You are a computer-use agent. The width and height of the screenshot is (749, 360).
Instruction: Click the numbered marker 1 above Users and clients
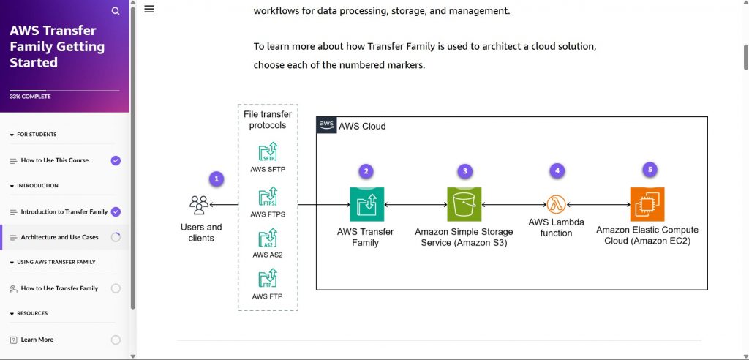pyautogui.click(x=215, y=179)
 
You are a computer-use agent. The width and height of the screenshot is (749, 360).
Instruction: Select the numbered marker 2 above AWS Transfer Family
pyautogui.click(x=366, y=171)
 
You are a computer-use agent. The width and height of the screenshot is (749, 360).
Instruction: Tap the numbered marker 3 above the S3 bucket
pyautogui.click(x=464, y=171)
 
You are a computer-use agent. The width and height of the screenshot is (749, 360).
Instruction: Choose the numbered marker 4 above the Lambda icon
pyautogui.click(x=558, y=170)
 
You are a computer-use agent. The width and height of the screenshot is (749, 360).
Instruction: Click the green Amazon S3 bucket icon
pyautogui.click(x=464, y=205)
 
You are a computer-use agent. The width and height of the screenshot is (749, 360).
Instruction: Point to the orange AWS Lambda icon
pyautogui.click(x=557, y=205)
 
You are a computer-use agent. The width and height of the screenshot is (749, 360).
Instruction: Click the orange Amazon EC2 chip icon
pyautogui.click(x=647, y=205)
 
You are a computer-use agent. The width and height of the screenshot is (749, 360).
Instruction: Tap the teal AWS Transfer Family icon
pyautogui.click(x=366, y=205)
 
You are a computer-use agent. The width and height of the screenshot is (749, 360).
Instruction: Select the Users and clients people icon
pyautogui.click(x=198, y=204)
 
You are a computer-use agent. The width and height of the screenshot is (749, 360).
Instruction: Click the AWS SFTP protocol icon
pyautogui.click(x=268, y=153)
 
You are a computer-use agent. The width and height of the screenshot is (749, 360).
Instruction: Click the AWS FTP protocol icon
pyautogui.click(x=268, y=279)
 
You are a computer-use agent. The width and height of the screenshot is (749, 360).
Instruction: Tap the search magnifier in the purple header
pyautogui.click(x=116, y=11)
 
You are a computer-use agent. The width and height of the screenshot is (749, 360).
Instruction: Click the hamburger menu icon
pyautogui.click(x=149, y=9)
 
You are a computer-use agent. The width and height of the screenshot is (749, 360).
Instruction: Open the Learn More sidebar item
pyautogui.click(x=37, y=340)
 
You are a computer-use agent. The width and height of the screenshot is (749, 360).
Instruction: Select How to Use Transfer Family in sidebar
pyautogui.click(x=59, y=288)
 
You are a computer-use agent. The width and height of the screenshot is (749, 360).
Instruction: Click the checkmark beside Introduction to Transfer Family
pyautogui.click(x=116, y=211)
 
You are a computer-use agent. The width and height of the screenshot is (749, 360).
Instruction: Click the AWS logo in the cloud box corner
pyautogui.click(x=327, y=126)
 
